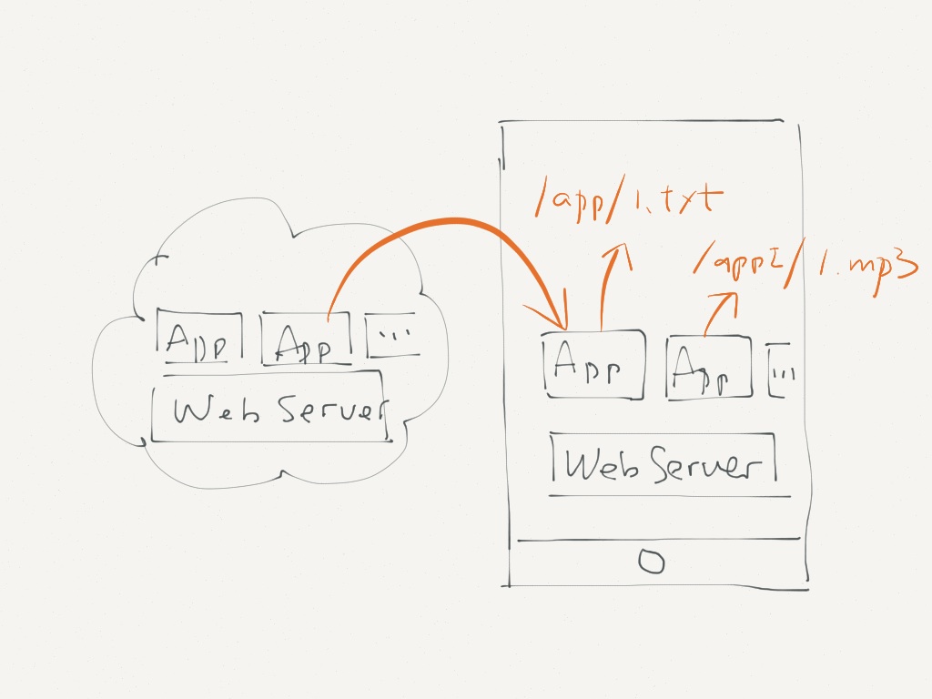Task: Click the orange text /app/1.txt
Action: click(629, 200)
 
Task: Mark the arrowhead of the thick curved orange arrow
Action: click(562, 324)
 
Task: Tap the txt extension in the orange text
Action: click(690, 199)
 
